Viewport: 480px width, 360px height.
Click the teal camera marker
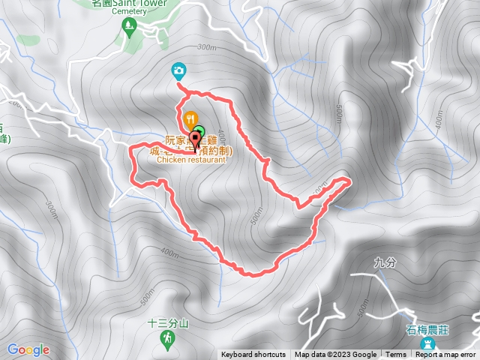point(178,70)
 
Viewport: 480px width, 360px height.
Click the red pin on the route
point(197,143)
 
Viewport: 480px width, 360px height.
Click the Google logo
point(28,349)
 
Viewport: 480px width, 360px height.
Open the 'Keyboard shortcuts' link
point(253,355)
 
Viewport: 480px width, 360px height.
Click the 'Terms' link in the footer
point(396,355)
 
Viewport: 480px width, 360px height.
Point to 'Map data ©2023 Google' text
point(335,355)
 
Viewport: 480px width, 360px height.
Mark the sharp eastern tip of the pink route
point(349,180)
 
